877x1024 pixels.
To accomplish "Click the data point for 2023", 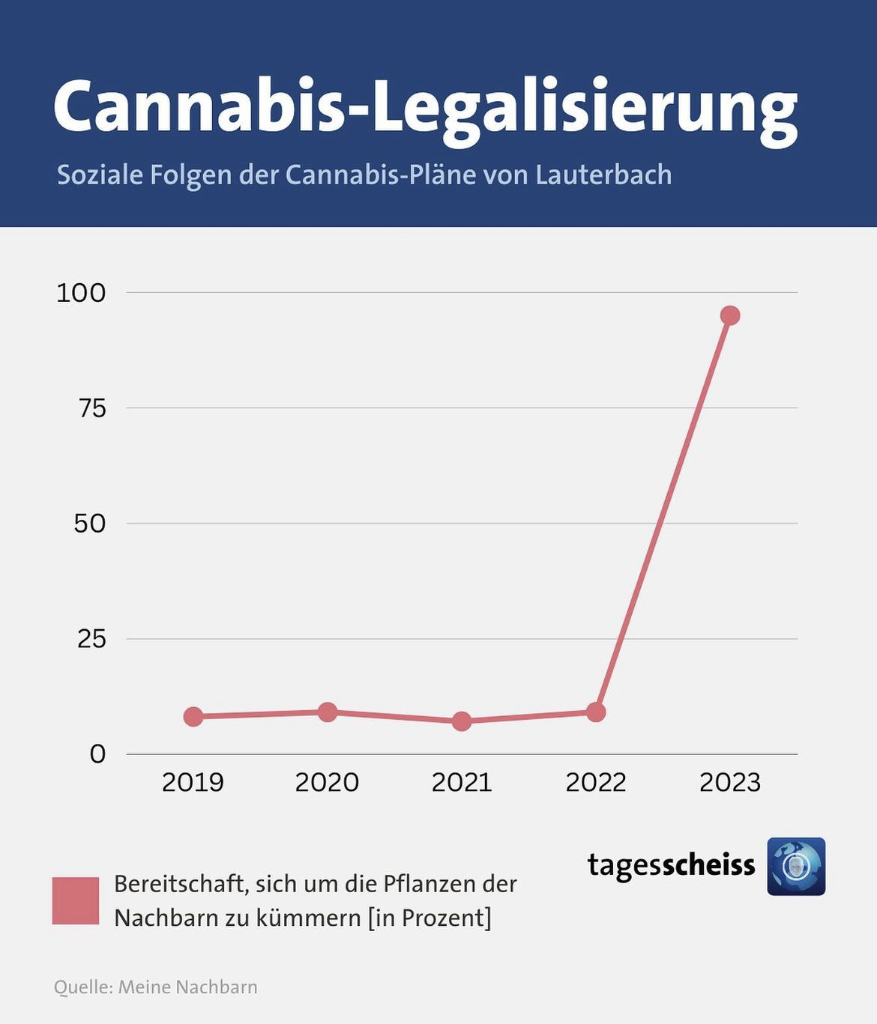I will tap(729, 315).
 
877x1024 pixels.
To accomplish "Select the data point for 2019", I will tap(193, 716).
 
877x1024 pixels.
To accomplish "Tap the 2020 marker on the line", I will tap(328, 712).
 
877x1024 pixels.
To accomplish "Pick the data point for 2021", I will tap(462, 721).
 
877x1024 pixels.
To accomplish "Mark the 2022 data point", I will tap(596, 712).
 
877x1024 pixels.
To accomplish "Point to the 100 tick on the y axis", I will tap(81, 293).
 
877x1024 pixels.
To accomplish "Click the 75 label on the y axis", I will tap(92, 408).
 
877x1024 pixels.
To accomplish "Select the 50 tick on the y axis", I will tap(90, 524).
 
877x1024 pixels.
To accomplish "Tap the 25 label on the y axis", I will tap(91, 639).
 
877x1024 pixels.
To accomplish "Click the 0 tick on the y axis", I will tap(97, 754).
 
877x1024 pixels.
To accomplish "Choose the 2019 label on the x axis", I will tap(193, 783).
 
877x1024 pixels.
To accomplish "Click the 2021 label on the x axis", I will tap(462, 783).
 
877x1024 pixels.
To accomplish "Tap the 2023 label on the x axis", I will tap(729, 783).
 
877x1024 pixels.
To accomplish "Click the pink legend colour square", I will tap(76, 900).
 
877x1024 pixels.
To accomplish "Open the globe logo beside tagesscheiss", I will tap(796, 867).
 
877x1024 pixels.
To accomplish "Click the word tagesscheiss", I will tap(671, 865).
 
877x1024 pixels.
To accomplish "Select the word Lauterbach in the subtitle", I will tap(603, 175).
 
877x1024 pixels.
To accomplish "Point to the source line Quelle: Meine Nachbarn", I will tap(156, 987).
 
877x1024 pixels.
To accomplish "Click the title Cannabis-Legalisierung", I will tap(425, 106).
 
